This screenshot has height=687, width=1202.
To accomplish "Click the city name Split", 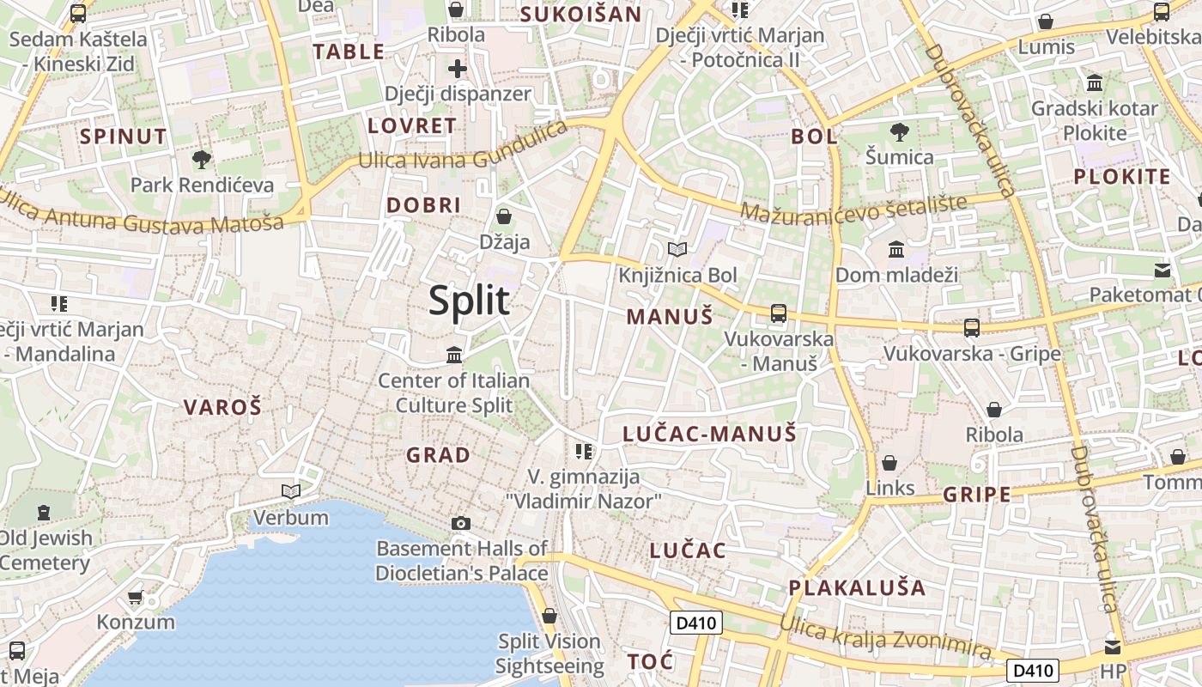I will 469,301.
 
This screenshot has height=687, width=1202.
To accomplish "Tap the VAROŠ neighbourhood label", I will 222,407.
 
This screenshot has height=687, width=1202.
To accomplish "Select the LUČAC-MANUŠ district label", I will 709,434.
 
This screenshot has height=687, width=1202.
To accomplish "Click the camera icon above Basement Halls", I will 461,523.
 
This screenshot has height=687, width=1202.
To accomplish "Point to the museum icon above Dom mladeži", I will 896,250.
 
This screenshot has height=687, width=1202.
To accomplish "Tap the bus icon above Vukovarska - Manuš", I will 779,313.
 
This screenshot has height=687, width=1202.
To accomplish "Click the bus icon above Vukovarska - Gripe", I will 972,328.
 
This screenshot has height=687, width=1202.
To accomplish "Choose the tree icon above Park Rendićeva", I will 202,159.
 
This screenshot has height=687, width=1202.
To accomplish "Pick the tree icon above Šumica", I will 899,131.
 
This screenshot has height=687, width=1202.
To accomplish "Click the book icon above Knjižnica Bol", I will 677,250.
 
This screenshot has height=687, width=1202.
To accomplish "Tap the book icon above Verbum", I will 291,492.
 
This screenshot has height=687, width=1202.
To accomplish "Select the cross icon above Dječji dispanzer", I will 458,69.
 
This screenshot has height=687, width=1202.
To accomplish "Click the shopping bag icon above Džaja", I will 504,216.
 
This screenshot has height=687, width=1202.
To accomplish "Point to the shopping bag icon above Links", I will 889,463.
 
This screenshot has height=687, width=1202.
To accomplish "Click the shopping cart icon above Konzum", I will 135,597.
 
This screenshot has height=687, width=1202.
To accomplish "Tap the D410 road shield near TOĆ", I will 695,623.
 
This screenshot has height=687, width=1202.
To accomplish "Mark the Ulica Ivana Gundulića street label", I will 462,149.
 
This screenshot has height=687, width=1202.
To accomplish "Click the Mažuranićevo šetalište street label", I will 853,209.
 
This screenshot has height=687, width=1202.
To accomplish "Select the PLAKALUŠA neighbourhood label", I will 857,588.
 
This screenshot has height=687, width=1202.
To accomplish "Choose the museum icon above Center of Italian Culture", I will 454,355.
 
